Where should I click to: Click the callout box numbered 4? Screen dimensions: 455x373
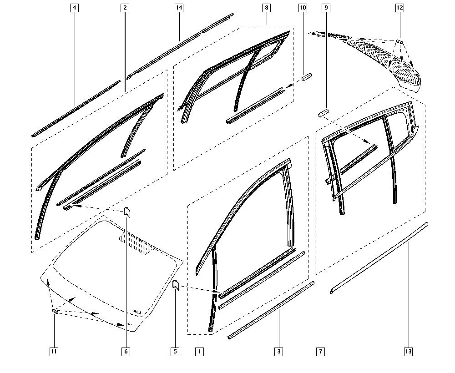point(75,8)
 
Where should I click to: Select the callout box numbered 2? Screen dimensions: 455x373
point(125,8)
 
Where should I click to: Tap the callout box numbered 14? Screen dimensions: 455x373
point(179,8)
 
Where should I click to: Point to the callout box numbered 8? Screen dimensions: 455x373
point(266,8)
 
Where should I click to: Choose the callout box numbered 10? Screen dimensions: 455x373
point(303,8)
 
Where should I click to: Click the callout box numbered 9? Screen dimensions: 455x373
point(326,8)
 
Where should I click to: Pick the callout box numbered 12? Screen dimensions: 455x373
point(399,8)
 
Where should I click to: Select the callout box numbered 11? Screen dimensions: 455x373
point(54,352)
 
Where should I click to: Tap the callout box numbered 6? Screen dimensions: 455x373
point(126,352)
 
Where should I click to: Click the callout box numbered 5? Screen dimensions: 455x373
point(175,352)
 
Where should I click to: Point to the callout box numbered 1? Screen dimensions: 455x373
point(200,352)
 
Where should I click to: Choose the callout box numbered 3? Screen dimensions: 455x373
point(279,352)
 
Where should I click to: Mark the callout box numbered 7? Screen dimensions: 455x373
point(321,352)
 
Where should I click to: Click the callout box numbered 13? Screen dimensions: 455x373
point(408,352)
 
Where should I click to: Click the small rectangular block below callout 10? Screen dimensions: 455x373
point(307,77)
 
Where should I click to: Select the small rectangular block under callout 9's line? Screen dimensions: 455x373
point(323,113)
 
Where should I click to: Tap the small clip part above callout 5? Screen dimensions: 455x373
point(176,285)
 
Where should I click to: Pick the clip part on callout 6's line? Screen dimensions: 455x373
point(127,212)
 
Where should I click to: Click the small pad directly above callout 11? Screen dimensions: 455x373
point(55,312)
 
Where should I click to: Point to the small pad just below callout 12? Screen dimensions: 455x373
point(399,41)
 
